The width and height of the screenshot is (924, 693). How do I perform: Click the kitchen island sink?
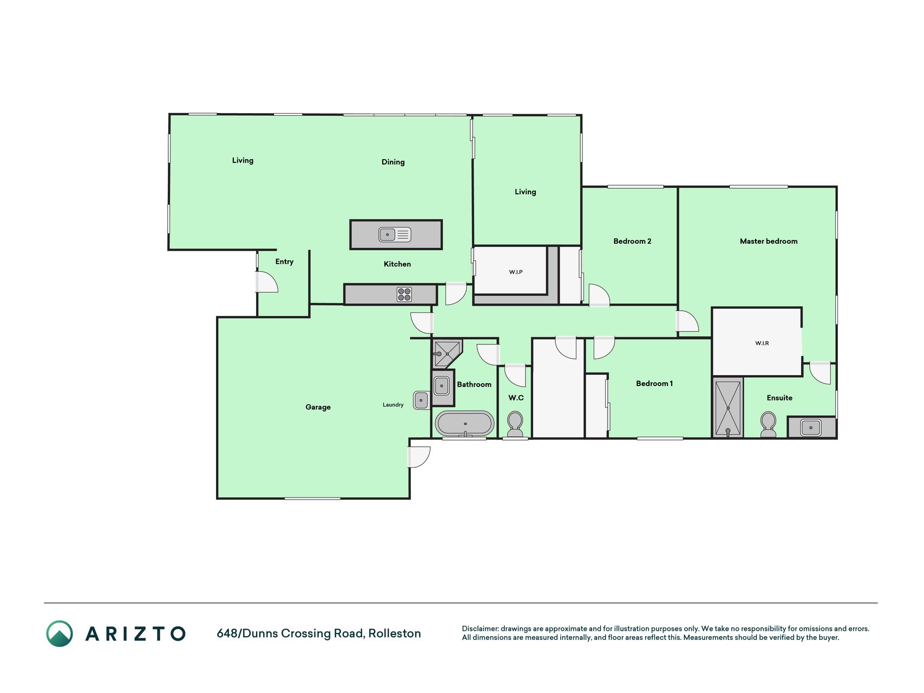(x=395, y=234)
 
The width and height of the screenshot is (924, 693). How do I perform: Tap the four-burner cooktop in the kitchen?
(x=404, y=295)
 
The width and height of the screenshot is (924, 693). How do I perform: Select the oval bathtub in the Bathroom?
(x=465, y=423)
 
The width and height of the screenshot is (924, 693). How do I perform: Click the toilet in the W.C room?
(x=515, y=424)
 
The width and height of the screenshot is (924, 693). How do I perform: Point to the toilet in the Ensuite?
(x=768, y=424)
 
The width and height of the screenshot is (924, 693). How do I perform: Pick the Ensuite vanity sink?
(x=811, y=428)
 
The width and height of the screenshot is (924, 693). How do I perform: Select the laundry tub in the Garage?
(x=421, y=400)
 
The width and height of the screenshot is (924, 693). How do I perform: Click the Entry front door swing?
(x=267, y=282)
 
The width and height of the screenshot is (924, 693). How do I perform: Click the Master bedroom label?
(x=768, y=241)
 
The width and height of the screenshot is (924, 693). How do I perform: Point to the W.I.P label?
(x=516, y=272)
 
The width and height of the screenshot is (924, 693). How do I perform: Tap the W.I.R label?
(x=762, y=343)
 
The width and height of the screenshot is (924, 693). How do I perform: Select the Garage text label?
(x=318, y=407)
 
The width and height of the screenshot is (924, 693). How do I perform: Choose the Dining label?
(x=393, y=162)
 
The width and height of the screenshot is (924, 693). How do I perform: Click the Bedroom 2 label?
(x=632, y=241)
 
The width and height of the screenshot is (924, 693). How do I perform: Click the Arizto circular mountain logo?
(x=60, y=633)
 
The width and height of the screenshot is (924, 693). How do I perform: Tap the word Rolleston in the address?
(x=395, y=633)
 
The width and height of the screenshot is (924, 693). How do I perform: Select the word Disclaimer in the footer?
(x=480, y=629)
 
